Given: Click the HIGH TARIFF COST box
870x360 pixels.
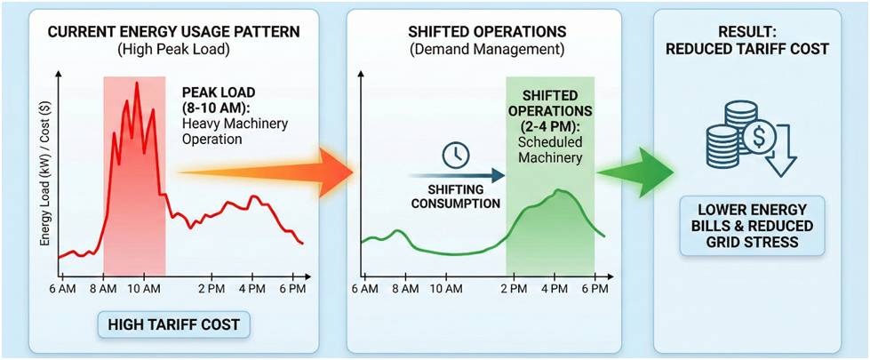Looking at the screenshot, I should [x=173, y=325].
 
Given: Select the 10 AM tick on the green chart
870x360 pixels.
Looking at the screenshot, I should [x=446, y=289].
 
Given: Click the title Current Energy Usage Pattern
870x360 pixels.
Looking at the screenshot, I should [x=173, y=32].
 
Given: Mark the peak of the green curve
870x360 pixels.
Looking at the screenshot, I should [x=558, y=190].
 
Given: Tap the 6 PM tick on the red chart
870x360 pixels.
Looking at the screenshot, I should [x=292, y=289].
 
